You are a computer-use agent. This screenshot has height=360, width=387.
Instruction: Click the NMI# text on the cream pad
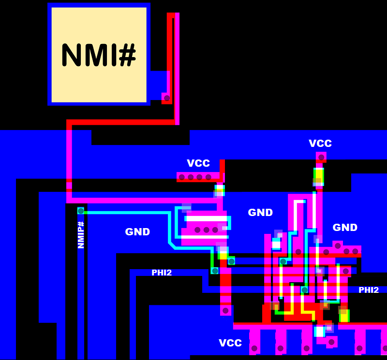coord(99,55)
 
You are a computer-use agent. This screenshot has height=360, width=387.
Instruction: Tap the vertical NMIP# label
coord(81,235)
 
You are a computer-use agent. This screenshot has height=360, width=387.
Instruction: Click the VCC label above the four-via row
coord(198,163)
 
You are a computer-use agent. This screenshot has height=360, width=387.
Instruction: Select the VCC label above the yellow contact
coord(320,144)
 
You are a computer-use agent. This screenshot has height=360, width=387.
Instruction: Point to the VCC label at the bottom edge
coord(230,343)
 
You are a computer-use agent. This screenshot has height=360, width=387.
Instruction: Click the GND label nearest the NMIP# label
coord(137,232)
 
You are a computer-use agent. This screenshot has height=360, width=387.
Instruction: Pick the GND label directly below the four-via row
coord(260,213)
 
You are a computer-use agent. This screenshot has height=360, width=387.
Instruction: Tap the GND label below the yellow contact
coord(345,228)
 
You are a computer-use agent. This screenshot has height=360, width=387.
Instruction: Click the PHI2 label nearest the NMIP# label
coord(162,273)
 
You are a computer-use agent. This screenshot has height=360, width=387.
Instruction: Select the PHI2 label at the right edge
coord(369,290)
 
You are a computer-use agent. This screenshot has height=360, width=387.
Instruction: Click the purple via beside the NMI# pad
coord(167,98)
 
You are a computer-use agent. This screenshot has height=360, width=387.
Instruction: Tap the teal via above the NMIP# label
coord(81,211)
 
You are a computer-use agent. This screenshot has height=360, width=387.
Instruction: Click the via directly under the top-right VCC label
coord(321,157)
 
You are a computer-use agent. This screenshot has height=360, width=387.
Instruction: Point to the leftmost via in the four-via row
coord(182,177)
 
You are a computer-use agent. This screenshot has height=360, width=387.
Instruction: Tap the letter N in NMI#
coord(71,55)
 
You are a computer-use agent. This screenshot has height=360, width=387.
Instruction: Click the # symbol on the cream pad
coord(127,55)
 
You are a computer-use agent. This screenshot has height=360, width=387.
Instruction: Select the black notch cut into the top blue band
coord(140,137)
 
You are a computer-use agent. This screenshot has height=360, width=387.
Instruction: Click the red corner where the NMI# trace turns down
coord(69,123)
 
